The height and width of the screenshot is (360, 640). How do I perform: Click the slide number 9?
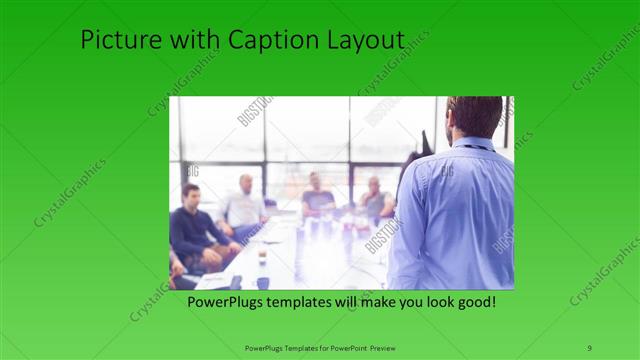tap(589, 346)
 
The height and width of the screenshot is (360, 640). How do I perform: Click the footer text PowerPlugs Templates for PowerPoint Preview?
tap(320, 347)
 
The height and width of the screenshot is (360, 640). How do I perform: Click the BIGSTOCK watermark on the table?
tap(380, 236)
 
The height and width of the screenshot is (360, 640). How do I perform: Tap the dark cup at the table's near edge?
tap(262, 281)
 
